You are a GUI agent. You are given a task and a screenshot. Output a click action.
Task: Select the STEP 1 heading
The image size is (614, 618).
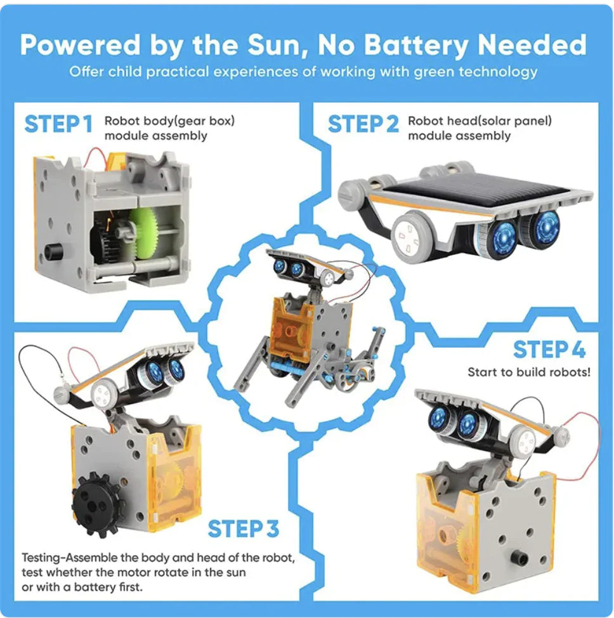[x=58, y=124]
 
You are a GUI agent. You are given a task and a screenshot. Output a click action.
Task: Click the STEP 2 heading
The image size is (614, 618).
[x=363, y=124]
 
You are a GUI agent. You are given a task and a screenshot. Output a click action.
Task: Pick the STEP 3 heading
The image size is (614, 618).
[x=244, y=529]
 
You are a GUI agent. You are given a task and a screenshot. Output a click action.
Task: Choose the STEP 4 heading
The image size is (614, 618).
[x=549, y=350]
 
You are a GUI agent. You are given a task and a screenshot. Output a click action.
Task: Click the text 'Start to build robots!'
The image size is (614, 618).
[x=529, y=372]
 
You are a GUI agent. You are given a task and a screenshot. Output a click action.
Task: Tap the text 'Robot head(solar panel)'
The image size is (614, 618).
[x=480, y=121]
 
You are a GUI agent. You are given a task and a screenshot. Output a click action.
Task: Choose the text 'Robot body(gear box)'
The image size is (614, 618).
[x=169, y=121]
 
